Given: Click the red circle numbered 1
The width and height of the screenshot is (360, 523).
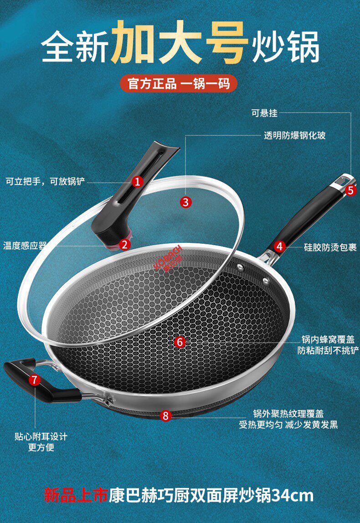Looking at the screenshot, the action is [137, 182].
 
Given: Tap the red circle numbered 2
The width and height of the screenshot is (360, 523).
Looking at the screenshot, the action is [124, 245].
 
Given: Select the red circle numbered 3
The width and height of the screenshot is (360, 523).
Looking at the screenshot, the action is [186, 202].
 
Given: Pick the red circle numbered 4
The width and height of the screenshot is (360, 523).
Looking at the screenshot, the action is [279, 246].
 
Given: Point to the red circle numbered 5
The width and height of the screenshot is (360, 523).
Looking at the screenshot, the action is [350, 190].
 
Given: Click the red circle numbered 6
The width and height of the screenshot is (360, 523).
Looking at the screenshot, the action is [180, 342].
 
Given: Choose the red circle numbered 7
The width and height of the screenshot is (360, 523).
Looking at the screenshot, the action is [35, 379].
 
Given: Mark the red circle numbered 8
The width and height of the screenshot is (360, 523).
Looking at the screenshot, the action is [165, 416].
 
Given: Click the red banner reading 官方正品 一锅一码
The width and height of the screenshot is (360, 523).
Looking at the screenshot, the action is [179, 83].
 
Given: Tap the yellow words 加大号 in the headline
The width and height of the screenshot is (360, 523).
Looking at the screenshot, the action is [180, 43].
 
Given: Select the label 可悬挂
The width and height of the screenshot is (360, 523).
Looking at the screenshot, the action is [265, 113].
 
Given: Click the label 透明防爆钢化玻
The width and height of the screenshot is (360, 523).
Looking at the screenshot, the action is [294, 135].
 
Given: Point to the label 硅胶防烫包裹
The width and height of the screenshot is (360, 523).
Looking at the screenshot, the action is [330, 247].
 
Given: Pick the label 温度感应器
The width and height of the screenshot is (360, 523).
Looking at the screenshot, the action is [25, 246].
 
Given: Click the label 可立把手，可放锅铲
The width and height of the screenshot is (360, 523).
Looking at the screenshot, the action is [46, 181].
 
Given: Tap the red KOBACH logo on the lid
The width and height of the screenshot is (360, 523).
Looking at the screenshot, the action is [169, 258].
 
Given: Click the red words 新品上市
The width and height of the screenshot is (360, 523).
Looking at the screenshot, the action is [76, 496].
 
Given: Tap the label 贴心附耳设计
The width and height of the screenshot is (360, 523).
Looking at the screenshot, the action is [41, 436].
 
